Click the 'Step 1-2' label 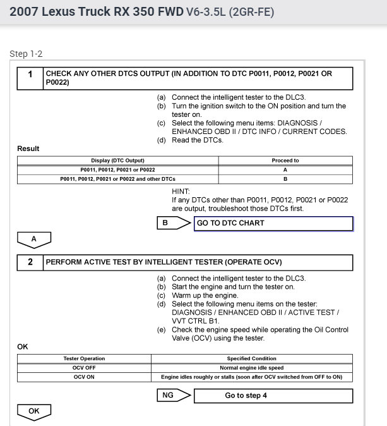click(x=26, y=54)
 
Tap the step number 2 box click(x=30, y=261)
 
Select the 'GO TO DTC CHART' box click(x=273, y=223)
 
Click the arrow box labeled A click(x=33, y=240)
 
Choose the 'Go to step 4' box click(x=273, y=396)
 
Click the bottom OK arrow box click(x=33, y=411)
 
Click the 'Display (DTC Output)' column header click(x=117, y=161)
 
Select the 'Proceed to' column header click(x=285, y=161)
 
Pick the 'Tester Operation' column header click(x=84, y=358)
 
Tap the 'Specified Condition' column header click(x=252, y=358)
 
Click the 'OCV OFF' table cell click(x=84, y=368)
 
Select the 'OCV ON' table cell click(x=84, y=377)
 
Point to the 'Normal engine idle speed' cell click(x=252, y=368)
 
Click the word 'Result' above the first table click(x=28, y=149)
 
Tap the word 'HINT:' click(x=181, y=190)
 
